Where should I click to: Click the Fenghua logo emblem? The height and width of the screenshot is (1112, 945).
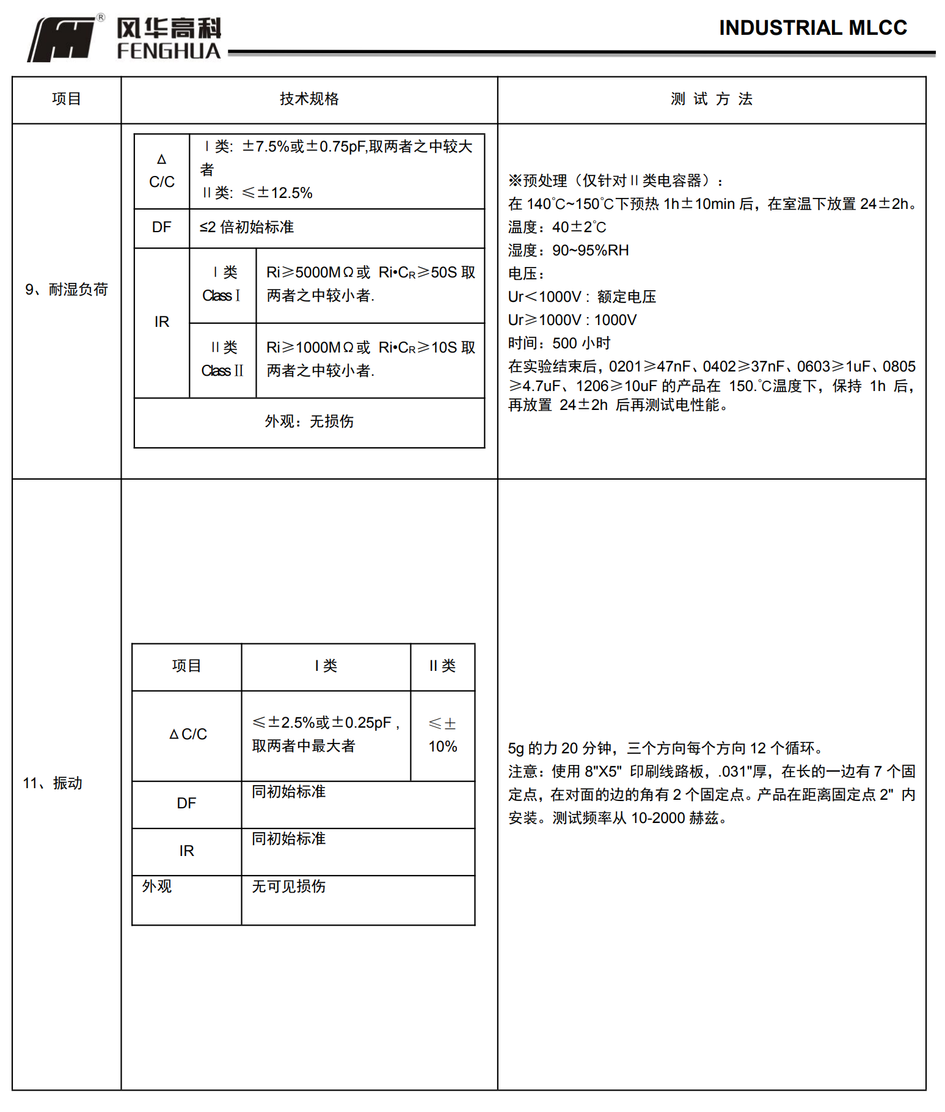(x=61, y=39)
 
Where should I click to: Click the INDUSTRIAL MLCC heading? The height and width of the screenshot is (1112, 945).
(x=812, y=28)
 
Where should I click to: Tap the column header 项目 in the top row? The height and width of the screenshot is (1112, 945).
(x=67, y=99)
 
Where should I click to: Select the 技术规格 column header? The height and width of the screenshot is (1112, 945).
(x=309, y=99)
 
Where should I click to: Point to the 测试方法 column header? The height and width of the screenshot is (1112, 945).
(x=712, y=99)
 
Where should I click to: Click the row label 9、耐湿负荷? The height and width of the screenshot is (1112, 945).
(x=67, y=289)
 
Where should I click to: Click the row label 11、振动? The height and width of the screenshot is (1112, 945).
(x=53, y=783)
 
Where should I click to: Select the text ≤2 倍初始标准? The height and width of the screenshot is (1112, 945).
(x=247, y=227)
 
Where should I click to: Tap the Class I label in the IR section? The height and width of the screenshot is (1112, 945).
(x=222, y=296)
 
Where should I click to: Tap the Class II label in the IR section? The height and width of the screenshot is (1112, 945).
(x=222, y=371)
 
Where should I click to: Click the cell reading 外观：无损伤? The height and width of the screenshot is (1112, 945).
(x=309, y=422)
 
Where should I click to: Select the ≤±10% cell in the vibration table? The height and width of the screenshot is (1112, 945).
(x=443, y=735)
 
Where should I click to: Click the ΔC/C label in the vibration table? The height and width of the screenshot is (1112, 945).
(x=188, y=734)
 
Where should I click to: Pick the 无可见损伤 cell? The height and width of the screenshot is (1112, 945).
(x=289, y=887)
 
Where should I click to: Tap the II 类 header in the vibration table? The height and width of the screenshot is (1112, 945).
(x=442, y=666)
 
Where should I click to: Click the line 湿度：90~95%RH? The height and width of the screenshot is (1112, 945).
(x=568, y=251)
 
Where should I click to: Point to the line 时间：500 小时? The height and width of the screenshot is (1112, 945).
(x=559, y=343)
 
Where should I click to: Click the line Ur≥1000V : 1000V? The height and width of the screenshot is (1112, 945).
(x=572, y=320)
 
